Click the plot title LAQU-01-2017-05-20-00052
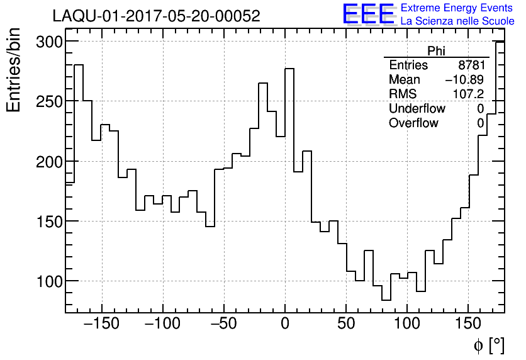coord(156,16)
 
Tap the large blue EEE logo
coord(368,14)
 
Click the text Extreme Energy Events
coord(457,8)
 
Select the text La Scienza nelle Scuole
coord(457,21)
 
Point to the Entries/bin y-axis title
coord(14,70)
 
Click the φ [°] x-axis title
coord(488,346)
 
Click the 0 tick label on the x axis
coord(285,324)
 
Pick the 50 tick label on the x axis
coord(346,324)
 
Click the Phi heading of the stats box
coord(436,52)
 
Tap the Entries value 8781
coord(471,65)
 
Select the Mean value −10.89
coord(464,80)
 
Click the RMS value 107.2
coord(469,94)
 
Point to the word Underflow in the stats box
coord(417,109)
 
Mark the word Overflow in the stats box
coord(413,123)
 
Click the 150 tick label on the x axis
coord(468,324)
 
